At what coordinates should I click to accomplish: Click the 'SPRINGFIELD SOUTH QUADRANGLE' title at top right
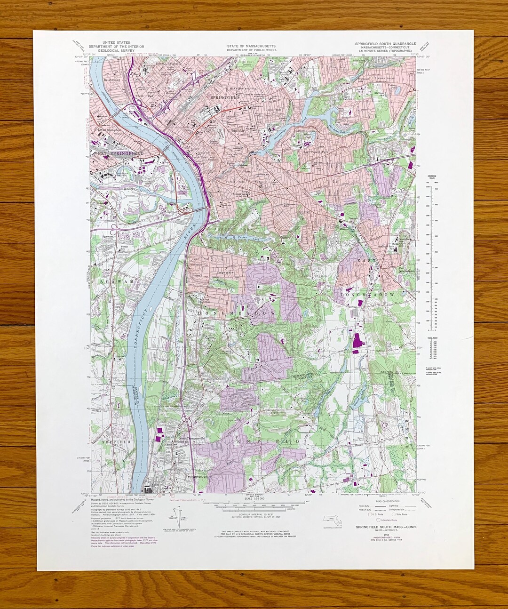click(x=385, y=43)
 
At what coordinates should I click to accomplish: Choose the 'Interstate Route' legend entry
click(x=388, y=520)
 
